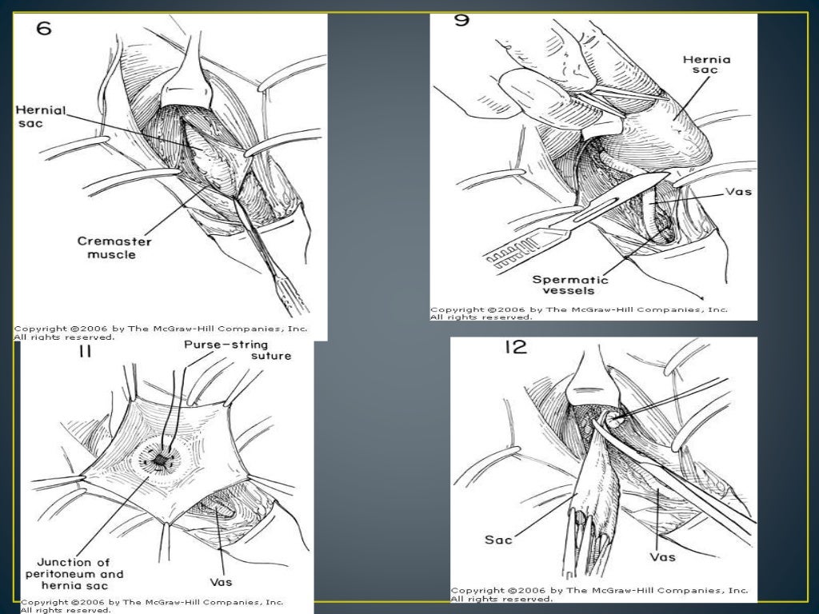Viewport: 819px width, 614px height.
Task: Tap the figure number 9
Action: click(462, 20)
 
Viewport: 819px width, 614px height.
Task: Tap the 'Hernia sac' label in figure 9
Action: click(701, 64)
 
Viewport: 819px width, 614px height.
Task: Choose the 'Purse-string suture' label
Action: click(237, 350)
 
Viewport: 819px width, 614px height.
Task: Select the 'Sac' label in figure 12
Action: click(498, 540)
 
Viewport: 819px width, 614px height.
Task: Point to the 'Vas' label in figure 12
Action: click(663, 555)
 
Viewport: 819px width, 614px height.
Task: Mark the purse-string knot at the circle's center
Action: click(162, 460)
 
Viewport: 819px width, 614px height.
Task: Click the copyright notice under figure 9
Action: click(578, 313)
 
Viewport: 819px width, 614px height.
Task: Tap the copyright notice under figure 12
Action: click(599, 594)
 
